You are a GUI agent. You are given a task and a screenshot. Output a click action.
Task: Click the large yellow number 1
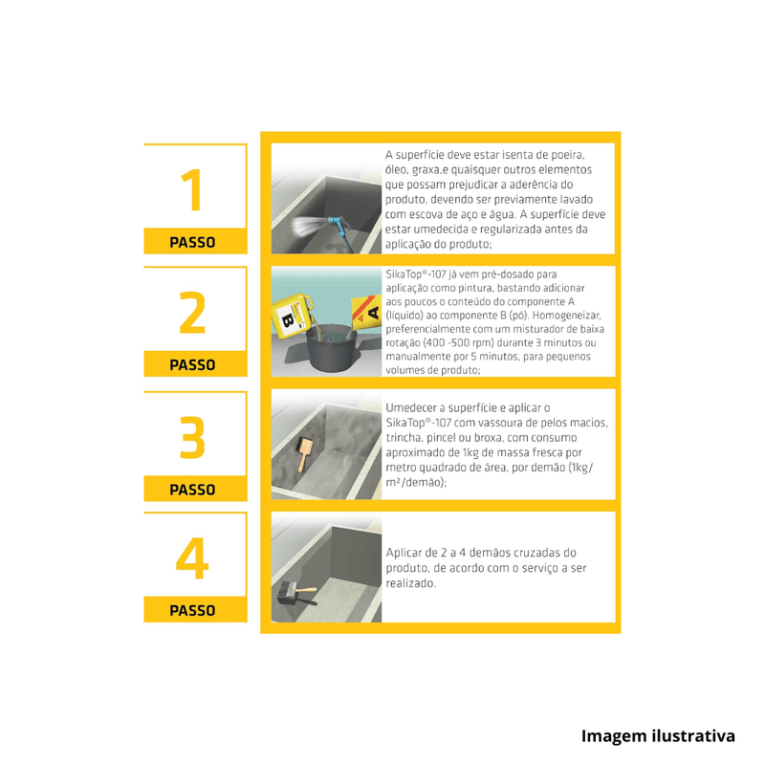click(x=192, y=189)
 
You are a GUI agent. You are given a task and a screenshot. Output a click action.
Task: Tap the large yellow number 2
click(x=192, y=313)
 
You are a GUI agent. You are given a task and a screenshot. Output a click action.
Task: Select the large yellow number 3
click(x=193, y=437)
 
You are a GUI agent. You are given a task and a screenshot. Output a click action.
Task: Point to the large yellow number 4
click(x=192, y=558)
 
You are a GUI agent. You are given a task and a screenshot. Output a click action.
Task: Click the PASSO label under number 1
click(x=192, y=243)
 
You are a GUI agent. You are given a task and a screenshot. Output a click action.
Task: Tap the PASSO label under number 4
click(x=192, y=610)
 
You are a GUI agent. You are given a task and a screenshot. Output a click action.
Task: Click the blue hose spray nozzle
click(x=337, y=225)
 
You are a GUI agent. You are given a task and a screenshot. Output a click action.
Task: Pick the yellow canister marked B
click(x=291, y=316)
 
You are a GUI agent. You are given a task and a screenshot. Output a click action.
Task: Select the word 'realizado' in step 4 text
click(x=411, y=583)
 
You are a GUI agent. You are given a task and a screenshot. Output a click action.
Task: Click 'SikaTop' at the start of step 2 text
click(x=404, y=274)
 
